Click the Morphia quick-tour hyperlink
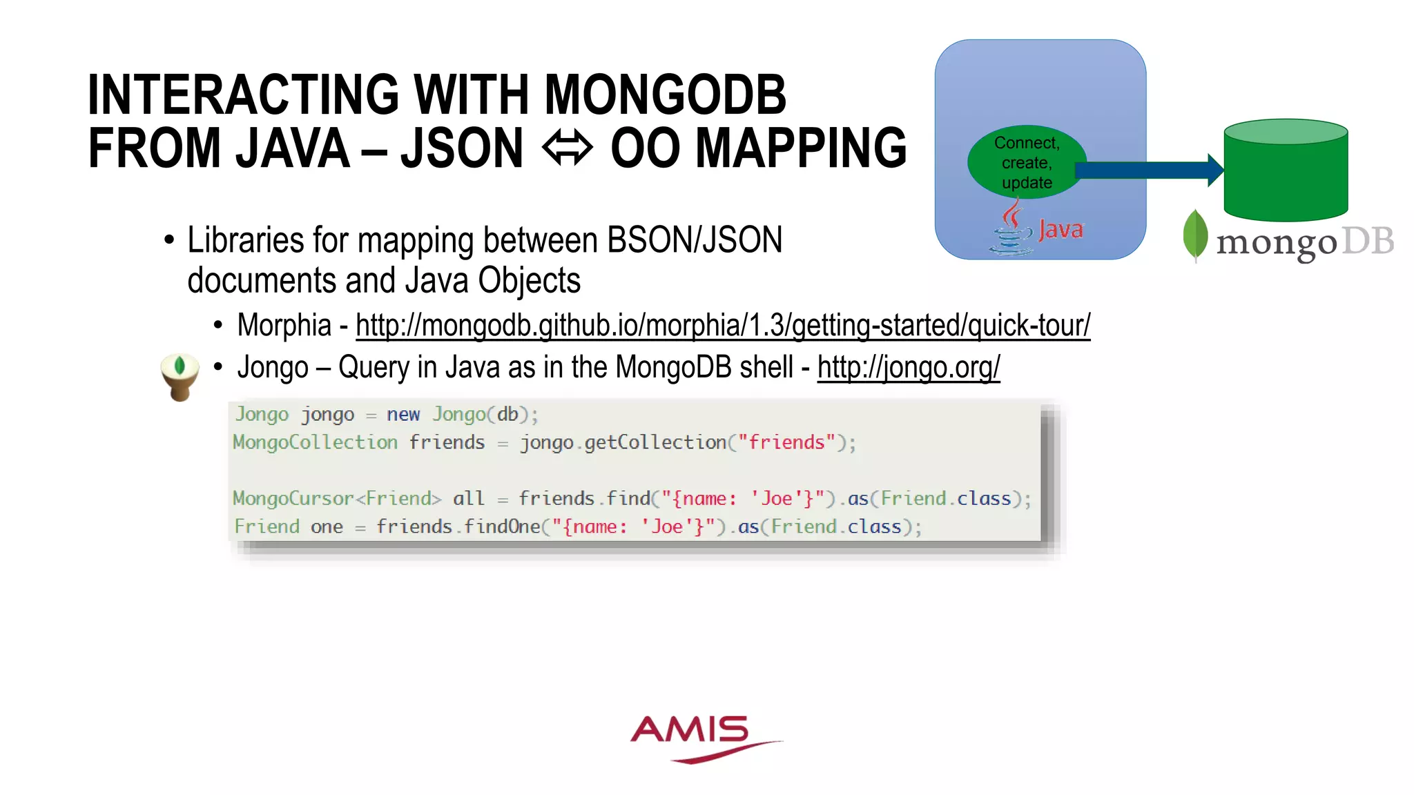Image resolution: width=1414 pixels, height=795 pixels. [x=723, y=325]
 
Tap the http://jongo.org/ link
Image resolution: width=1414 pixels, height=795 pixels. [x=909, y=367]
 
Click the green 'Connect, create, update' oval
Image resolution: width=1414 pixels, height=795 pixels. [x=1027, y=163]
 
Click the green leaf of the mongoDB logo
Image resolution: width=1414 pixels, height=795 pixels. [x=1195, y=235]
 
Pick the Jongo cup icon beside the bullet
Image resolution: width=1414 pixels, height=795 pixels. [x=180, y=376]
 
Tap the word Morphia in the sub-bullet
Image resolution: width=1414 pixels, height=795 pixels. [x=284, y=325]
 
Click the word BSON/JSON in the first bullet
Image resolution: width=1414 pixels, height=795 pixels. [x=695, y=240]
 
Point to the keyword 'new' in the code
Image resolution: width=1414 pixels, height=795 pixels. [x=403, y=414]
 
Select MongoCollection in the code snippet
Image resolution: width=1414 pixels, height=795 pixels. [x=316, y=442]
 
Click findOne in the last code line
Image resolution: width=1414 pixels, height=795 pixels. [x=502, y=527]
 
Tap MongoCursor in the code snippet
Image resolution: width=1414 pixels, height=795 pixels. [x=293, y=498]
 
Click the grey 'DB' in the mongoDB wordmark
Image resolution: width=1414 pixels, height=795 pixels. [x=1368, y=242]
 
